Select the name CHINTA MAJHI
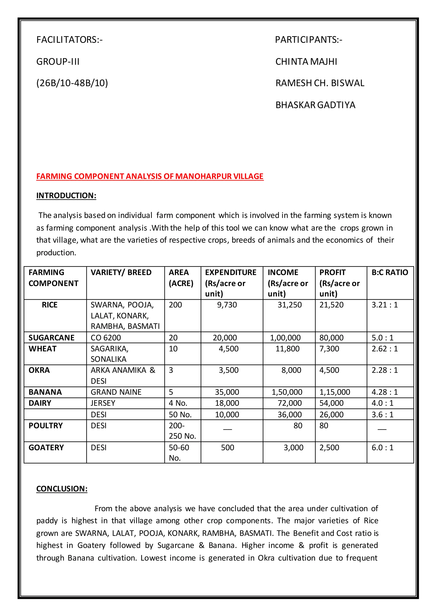306,62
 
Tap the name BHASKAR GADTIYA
315,105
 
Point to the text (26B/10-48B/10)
72,83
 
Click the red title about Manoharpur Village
150,176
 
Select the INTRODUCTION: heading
66,196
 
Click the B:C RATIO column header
390,272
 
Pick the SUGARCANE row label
51,338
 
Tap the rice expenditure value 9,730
227,305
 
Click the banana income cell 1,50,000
287,392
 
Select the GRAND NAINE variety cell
116,392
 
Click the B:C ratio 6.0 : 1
382,448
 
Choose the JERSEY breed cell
103,403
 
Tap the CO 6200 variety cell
106,338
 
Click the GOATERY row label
46,448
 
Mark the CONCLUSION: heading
62,489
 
